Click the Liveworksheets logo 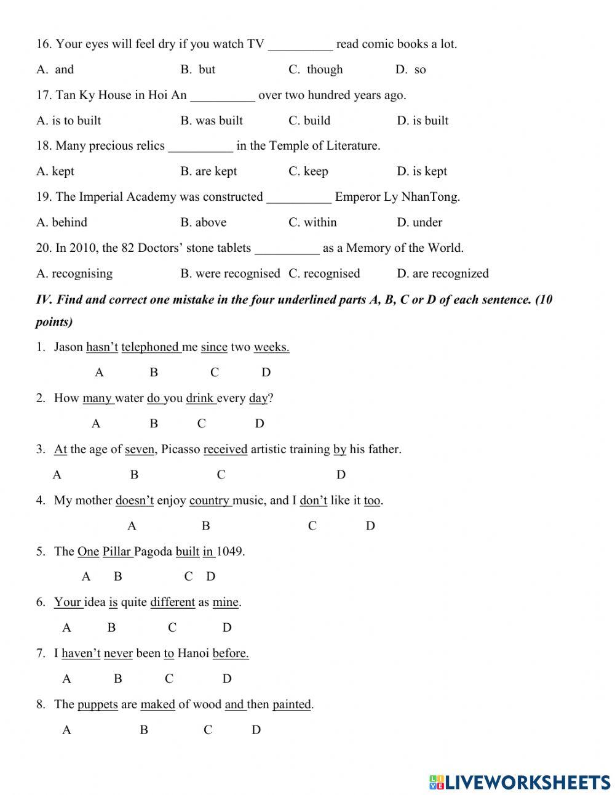tap(520, 781)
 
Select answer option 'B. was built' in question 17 tap(212, 121)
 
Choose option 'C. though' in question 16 tap(315, 70)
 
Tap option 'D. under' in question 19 tap(419, 222)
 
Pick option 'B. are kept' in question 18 tap(208, 171)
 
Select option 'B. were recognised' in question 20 tap(230, 273)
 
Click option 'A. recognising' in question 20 tap(74, 273)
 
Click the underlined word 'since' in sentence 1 tap(214, 347)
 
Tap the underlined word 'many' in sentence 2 tap(97, 398)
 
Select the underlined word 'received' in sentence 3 tap(225, 450)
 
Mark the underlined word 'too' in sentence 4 tap(372, 501)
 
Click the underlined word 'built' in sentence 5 tap(188, 552)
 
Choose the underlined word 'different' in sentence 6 tap(172, 602)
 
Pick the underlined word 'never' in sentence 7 tap(118, 653)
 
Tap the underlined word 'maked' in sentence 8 tap(157, 704)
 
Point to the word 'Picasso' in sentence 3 tap(180, 450)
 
